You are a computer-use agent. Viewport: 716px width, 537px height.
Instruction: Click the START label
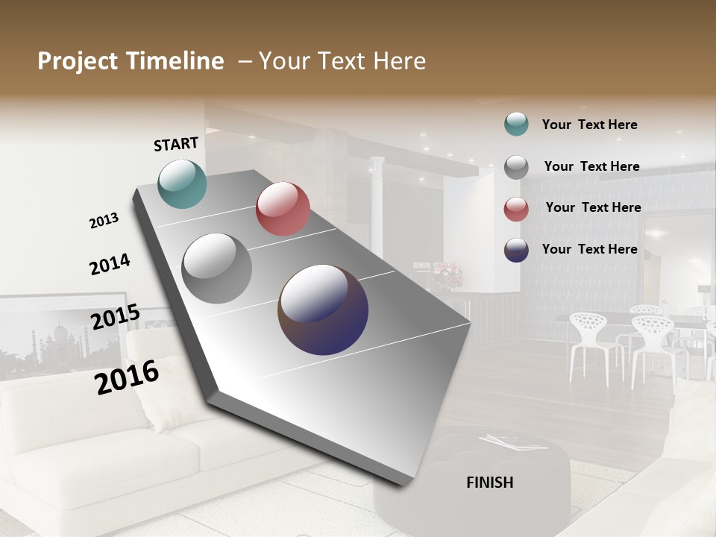(176, 144)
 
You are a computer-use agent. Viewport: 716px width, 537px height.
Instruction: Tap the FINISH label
(490, 483)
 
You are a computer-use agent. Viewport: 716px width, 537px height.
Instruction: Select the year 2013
(104, 221)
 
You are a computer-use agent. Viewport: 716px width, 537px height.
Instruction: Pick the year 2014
(110, 264)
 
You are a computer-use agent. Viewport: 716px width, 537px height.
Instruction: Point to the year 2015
(116, 316)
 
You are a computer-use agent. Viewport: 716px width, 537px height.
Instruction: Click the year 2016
(127, 377)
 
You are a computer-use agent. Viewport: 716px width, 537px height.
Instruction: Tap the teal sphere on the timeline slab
(183, 183)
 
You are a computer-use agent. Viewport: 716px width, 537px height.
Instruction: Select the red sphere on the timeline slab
(283, 209)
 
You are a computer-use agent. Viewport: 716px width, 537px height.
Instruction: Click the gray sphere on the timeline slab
(216, 268)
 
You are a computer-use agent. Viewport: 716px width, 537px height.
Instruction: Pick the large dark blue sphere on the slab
(323, 310)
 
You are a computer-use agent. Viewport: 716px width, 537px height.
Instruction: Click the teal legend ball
(516, 125)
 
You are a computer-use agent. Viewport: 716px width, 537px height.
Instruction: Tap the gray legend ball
(516, 167)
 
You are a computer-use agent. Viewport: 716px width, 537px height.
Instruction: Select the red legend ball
(516, 209)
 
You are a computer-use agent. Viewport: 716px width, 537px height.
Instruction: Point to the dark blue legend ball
(516, 250)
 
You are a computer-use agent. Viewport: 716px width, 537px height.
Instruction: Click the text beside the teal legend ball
(589, 125)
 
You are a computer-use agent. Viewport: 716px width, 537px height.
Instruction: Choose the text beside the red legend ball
(593, 207)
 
